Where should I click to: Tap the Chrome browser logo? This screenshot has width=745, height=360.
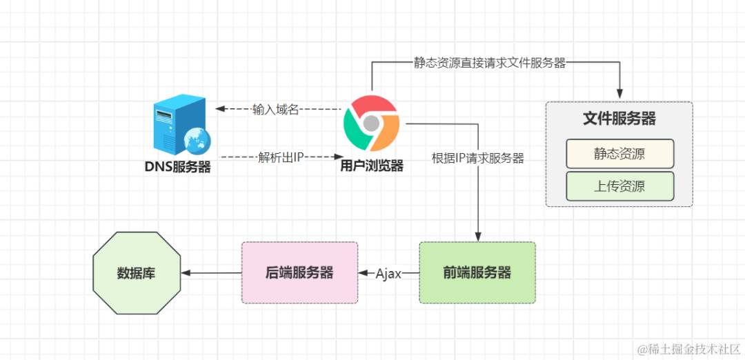coord(371,123)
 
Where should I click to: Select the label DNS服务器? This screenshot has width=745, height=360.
coord(178,167)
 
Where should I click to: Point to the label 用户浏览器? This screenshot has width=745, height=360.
coord(372,166)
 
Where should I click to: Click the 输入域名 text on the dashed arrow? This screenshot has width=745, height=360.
coord(275,110)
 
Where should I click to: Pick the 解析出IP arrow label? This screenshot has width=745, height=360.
coord(281,157)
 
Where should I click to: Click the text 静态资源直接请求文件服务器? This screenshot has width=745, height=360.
coord(489,63)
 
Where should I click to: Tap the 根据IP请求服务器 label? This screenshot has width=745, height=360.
coord(477,158)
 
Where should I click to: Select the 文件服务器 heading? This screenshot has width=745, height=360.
coord(619,119)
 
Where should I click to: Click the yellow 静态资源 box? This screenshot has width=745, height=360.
coord(620,153)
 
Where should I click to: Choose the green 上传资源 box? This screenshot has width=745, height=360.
coord(620,186)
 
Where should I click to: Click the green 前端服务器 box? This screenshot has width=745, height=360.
coord(477,272)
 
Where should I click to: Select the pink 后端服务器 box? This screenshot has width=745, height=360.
coord(299,272)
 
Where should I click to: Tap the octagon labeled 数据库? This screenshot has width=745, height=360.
coord(137,273)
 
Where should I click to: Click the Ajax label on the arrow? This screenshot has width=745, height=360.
coord(388,274)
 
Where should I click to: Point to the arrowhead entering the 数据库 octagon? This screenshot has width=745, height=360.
coord(186,273)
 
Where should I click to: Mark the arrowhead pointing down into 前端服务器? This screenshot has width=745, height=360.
coord(478,237)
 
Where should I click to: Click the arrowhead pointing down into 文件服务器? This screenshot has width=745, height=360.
coord(619,94)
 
